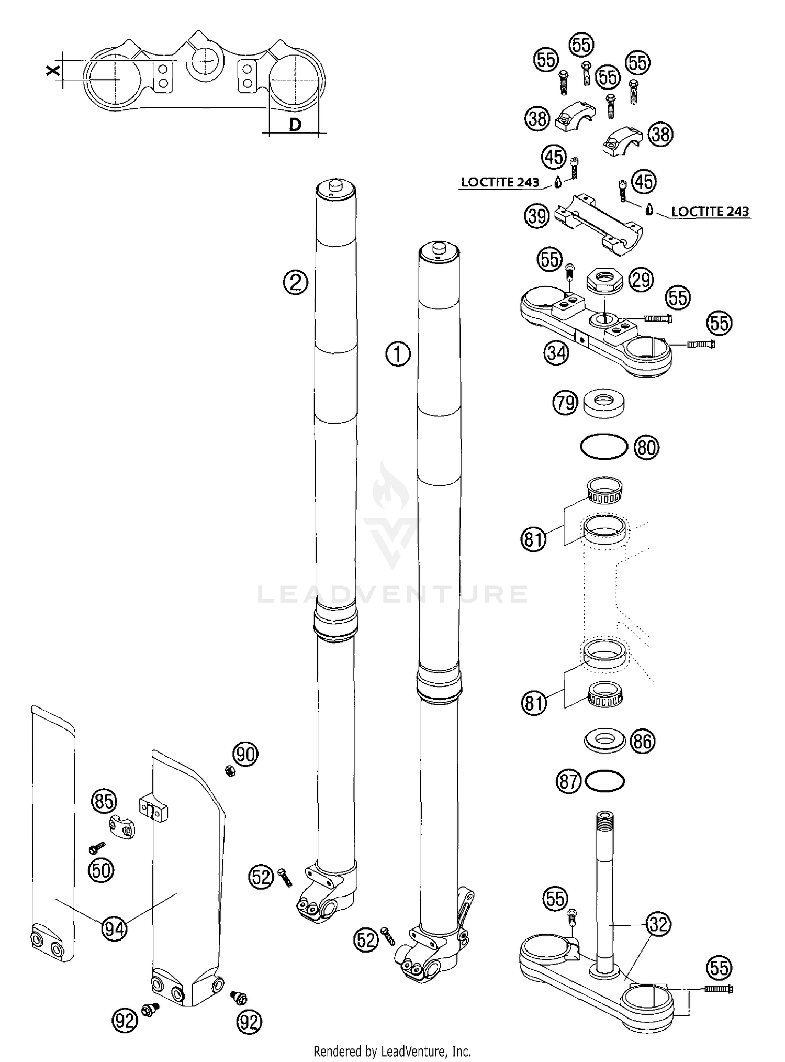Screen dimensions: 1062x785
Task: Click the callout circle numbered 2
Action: [295, 283]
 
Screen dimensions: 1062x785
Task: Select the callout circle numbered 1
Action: [398, 355]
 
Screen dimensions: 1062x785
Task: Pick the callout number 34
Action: [556, 353]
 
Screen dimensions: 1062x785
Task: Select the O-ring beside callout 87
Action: [605, 782]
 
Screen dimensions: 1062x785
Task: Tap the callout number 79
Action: [565, 403]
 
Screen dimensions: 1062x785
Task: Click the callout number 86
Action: [643, 741]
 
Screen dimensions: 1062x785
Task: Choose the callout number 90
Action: [245, 755]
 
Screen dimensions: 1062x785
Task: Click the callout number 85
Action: [104, 801]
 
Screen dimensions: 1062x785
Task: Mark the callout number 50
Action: [101, 870]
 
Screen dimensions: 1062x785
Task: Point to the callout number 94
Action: [114, 929]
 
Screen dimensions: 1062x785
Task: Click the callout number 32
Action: [658, 925]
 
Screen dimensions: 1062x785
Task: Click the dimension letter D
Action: [295, 125]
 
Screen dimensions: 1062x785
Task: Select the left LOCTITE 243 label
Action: [500, 182]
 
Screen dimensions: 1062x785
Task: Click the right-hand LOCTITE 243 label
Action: [710, 212]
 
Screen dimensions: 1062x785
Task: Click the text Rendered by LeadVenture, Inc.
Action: [392, 1051]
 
